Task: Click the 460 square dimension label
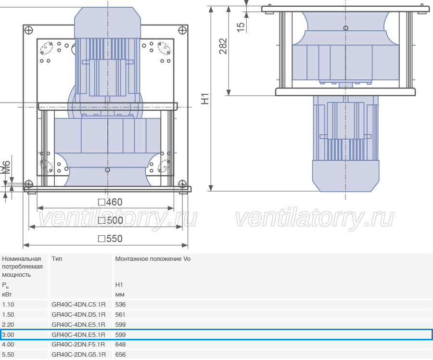pos(110,202)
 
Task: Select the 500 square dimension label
pos(111,220)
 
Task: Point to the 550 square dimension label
pos(110,239)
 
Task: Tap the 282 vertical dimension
pos(223,46)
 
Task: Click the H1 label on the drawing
pos(205,99)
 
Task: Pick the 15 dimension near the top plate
pos(241,27)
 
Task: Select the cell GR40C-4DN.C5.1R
pos(78,305)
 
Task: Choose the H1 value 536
pos(120,305)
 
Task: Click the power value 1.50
pos(8,315)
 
